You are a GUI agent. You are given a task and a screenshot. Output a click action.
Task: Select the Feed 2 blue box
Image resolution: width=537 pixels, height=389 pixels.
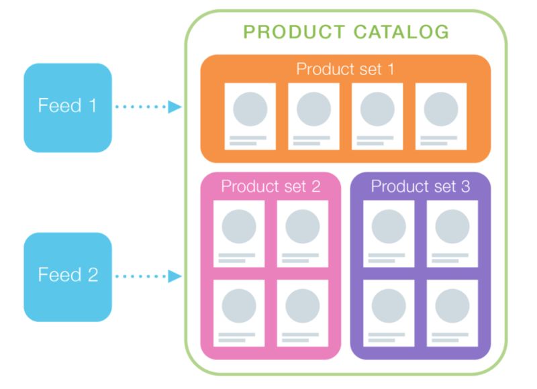click(67, 276)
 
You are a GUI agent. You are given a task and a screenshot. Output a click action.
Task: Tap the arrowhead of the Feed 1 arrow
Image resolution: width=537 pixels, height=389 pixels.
click(175, 107)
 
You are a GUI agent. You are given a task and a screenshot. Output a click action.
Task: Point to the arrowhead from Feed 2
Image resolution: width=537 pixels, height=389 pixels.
click(175, 276)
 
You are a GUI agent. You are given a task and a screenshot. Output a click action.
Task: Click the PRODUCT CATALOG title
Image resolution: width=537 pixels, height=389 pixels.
click(346, 32)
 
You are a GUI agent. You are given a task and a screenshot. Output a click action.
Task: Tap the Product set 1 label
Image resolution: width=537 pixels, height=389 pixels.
click(346, 69)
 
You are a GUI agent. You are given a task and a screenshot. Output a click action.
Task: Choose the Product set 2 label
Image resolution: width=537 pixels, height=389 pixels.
click(271, 186)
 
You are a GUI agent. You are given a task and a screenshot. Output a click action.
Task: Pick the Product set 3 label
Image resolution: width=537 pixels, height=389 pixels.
click(420, 186)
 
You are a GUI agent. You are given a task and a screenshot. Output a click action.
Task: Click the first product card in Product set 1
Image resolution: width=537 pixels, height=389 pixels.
click(250, 116)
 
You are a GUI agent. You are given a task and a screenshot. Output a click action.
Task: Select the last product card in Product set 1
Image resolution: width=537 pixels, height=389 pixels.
click(440, 116)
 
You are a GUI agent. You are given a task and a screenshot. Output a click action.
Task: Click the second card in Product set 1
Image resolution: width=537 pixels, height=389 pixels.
click(313, 116)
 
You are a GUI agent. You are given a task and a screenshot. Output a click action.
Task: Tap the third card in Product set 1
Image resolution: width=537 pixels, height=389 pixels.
click(377, 116)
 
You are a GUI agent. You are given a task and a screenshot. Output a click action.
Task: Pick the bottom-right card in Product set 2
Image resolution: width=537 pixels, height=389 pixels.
click(302, 313)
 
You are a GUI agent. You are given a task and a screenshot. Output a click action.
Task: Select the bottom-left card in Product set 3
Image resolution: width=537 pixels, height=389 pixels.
click(388, 313)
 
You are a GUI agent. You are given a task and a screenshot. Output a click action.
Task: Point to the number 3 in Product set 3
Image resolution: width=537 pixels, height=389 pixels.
click(465, 186)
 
